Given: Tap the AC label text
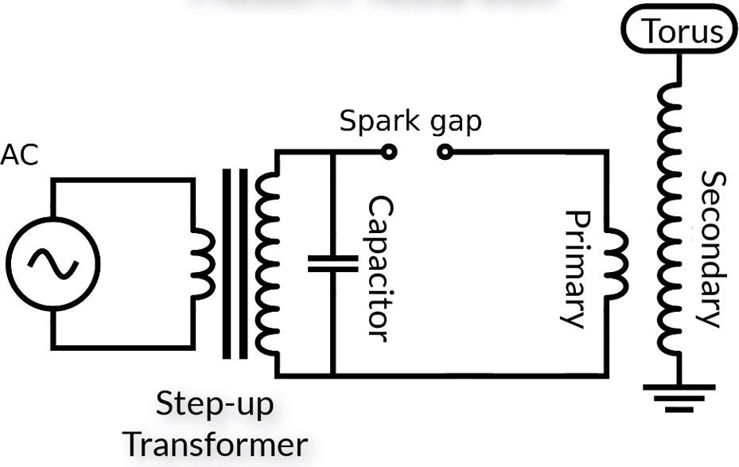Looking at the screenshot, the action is point(19,154).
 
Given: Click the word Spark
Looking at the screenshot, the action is point(379,121).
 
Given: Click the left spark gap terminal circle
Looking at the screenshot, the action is point(389,152).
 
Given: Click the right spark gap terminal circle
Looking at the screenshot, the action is point(445,152).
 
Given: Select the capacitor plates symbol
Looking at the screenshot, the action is point(333,264).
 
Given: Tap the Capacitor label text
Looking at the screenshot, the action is point(380,269).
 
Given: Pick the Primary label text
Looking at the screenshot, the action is point(577,269).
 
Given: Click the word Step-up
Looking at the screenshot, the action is point(215,404).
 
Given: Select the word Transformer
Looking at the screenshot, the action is point(217,446).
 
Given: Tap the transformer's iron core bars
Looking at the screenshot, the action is point(235,264).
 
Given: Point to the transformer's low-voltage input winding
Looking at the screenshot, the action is point(204,264).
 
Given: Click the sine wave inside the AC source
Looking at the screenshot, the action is point(53,264).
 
